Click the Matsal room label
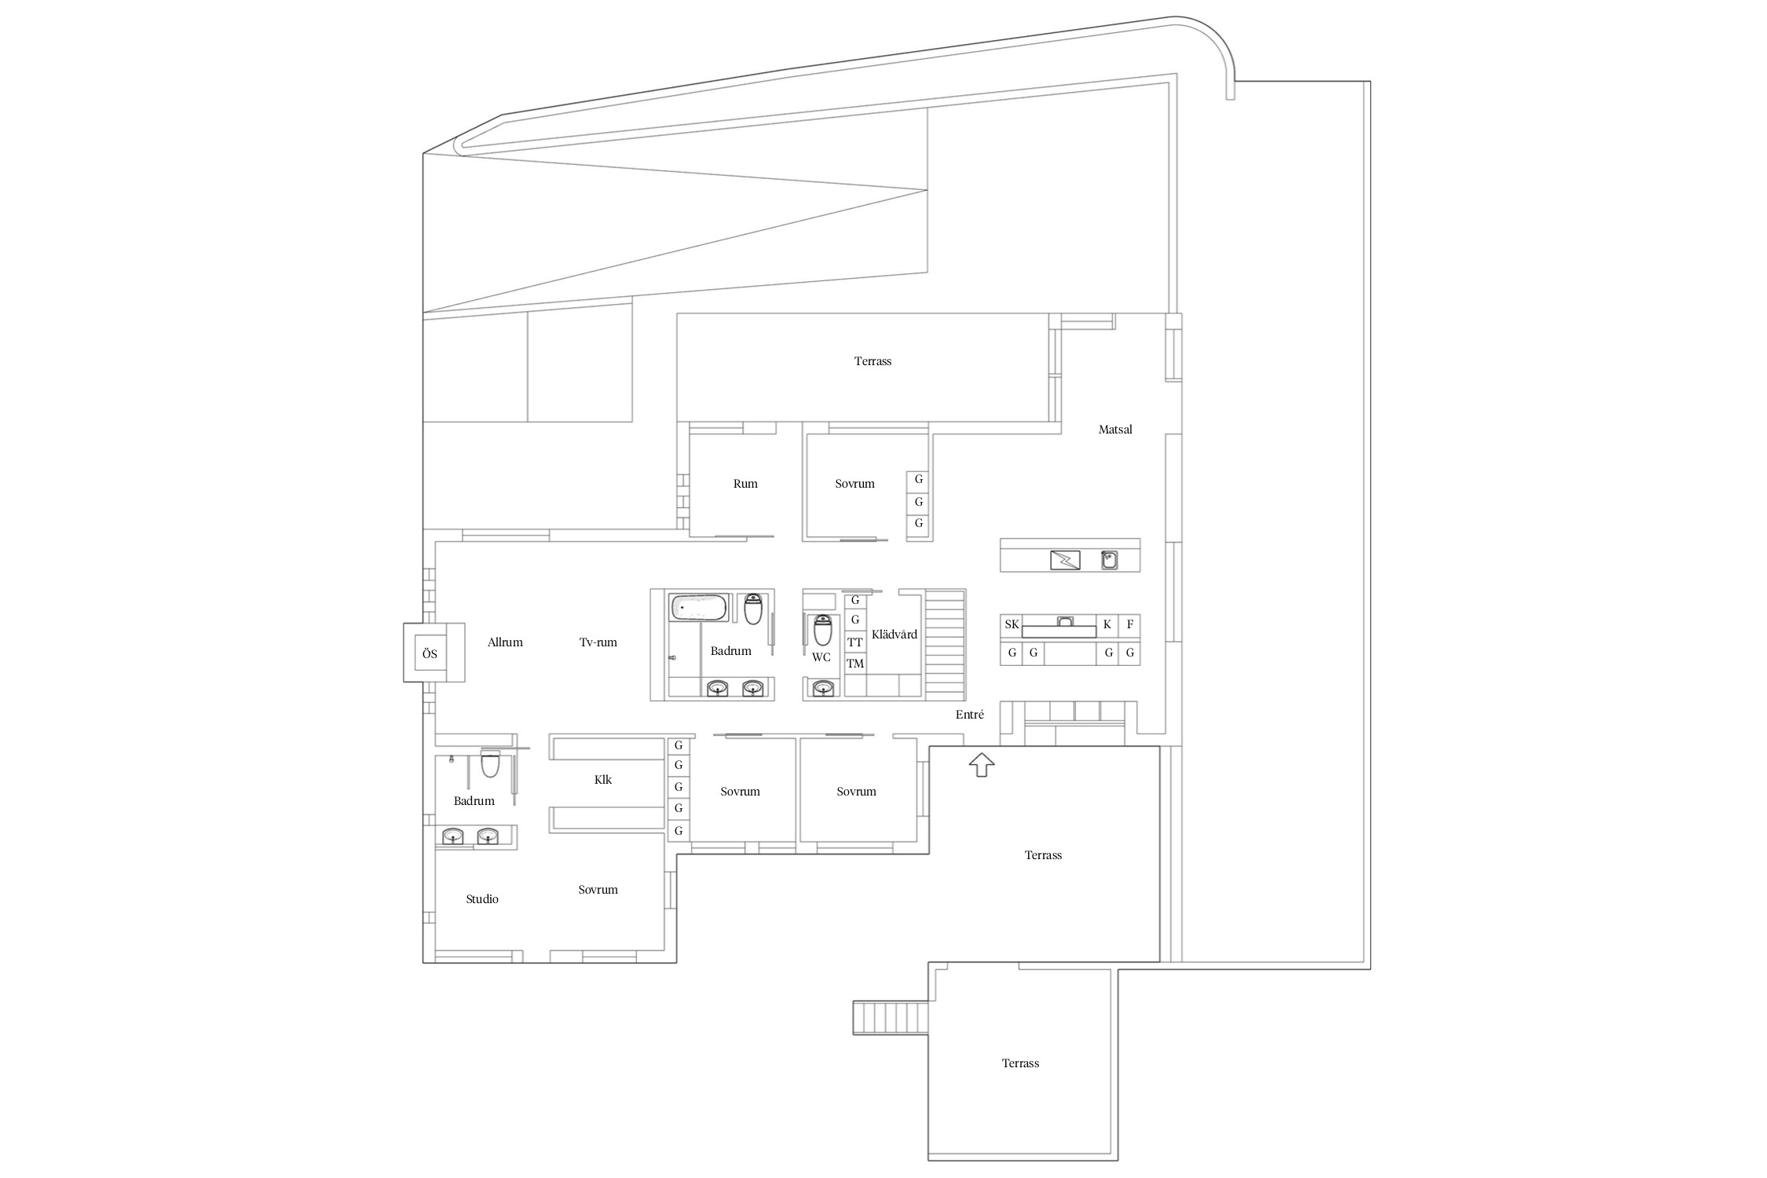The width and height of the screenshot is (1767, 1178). tap(1114, 430)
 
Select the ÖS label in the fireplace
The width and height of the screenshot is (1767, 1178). tap(430, 653)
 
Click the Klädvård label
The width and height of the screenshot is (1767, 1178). tap(894, 635)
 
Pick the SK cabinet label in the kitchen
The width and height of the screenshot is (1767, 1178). tap(1012, 624)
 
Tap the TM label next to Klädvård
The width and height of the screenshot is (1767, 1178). tap(855, 664)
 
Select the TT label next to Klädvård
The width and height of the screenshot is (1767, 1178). tap(855, 642)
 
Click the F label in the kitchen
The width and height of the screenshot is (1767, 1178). tap(1129, 624)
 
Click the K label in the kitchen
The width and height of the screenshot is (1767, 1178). tap(1107, 624)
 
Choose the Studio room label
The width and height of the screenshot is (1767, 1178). tap(481, 899)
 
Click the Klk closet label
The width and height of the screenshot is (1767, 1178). tap(602, 780)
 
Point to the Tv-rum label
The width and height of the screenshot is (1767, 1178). tap(598, 642)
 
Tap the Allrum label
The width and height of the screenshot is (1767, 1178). tap(505, 642)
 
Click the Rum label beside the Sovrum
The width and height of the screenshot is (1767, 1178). tap(745, 484)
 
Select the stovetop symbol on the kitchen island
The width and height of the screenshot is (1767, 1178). tap(1065, 560)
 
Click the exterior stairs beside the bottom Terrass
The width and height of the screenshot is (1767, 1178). tap(891, 1018)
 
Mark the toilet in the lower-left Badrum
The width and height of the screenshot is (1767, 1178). tap(490, 763)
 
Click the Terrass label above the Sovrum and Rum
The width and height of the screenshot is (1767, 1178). tap(873, 361)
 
